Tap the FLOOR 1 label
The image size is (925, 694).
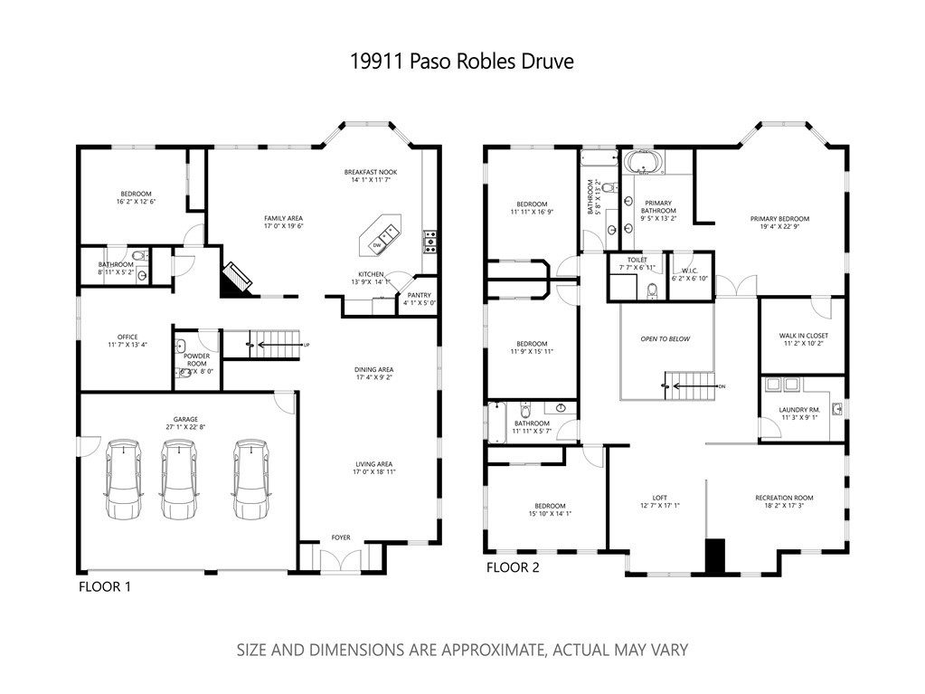click(105, 586)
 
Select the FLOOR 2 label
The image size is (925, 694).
click(514, 567)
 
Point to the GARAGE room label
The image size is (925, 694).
click(186, 420)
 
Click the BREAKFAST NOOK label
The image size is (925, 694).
click(370, 172)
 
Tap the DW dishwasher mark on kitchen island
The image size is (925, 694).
click(375, 243)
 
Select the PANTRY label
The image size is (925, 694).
click(419, 295)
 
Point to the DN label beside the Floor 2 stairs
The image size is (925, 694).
click(721, 386)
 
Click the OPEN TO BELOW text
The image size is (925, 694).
click(665, 338)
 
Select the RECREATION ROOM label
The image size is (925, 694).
click(784, 498)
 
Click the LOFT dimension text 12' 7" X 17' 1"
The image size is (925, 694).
click(659, 506)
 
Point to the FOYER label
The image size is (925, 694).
click(340, 537)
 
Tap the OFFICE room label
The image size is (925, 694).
click(127, 337)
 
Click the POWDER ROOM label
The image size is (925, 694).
click(196, 359)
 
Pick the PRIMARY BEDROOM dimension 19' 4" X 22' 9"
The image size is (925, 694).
click(779, 227)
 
